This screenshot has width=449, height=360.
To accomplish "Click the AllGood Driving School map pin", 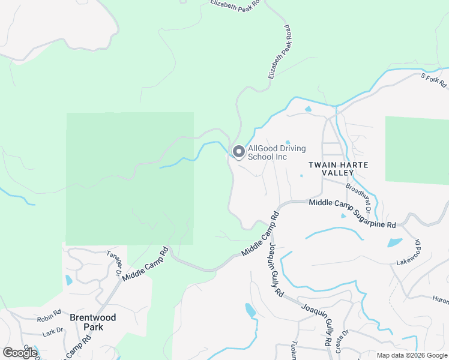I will pyautogui.click(x=238, y=152).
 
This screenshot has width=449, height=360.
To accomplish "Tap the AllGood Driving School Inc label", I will pyautogui.click(x=277, y=152).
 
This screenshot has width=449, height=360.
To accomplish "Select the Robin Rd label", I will pyautogui.click(x=49, y=313).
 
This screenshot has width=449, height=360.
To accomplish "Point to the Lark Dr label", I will pyautogui.click(x=53, y=331).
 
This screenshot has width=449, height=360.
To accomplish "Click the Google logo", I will pyautogui.click(x=20, y=353).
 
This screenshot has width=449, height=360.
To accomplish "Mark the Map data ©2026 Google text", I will pyautogui.click(x=411, y=355).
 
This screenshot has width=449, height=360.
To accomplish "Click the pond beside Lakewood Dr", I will pyautogui.click(x=394, y=243).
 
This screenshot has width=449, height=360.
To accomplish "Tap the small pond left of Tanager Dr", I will pyautogui.click(x=68, y=280).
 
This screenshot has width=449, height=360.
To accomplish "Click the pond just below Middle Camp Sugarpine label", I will pyautogui.click(x=344, y=216).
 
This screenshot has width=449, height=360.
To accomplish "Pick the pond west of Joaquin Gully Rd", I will pyautogui.click(x=250, y=310).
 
